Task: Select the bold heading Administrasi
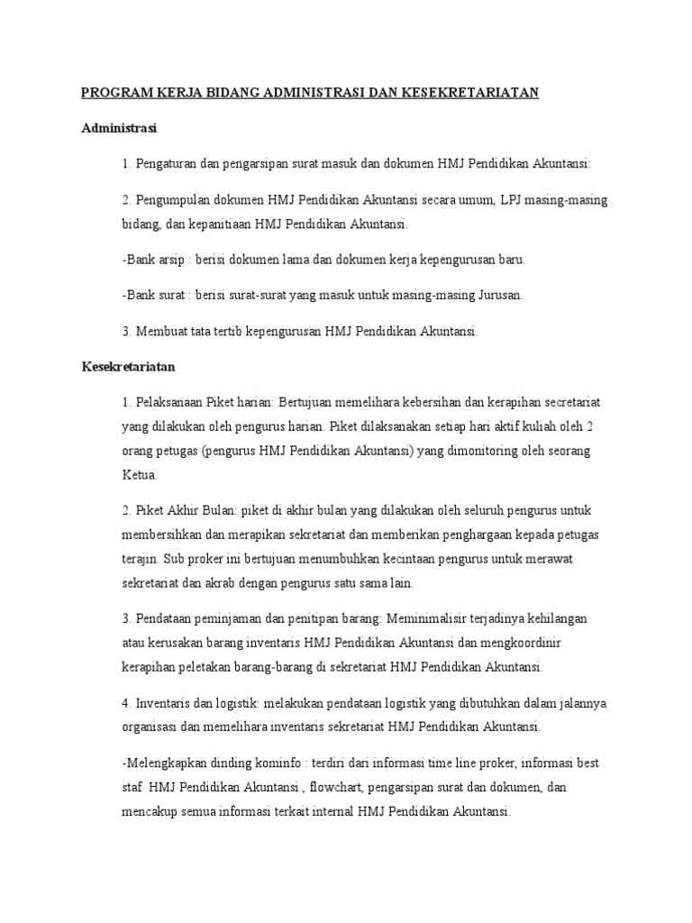coord(119,128)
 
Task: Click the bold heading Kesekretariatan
coord(127,368)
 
